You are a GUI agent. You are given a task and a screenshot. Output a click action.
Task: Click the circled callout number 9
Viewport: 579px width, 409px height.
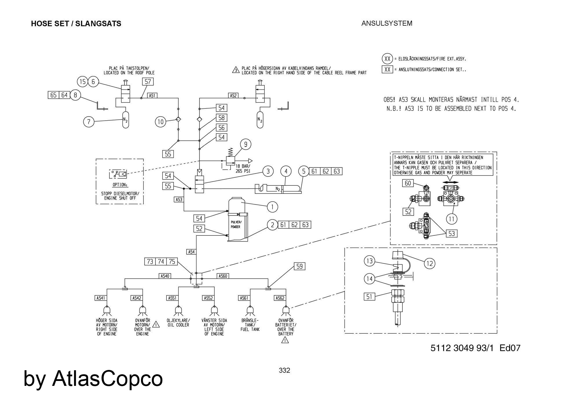coord(246,144)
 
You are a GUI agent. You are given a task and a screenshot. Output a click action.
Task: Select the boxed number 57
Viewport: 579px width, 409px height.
coord(148,82)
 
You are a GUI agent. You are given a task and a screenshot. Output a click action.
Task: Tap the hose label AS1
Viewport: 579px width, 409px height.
coord(152,95)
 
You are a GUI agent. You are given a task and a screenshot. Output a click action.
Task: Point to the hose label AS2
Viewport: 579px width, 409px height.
coord(233,95)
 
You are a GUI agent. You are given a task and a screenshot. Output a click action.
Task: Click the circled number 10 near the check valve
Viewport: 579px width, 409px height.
coord(160,122)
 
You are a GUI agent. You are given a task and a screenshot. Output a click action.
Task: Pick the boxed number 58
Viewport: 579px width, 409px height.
coord(221,118)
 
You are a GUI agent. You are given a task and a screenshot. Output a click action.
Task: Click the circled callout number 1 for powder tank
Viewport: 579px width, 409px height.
coord(272,207)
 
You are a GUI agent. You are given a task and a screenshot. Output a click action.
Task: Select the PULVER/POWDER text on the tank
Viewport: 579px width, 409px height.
coord(236,224)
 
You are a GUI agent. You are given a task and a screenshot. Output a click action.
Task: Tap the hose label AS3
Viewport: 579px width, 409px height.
coord(179,199)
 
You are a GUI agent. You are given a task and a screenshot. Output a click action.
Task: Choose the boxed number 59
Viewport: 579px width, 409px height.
coord(299,266)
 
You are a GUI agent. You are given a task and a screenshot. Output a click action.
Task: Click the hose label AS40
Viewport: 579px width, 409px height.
coord(165,276)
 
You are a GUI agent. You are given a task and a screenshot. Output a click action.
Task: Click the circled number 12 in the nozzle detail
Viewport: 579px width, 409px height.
coord(430,263)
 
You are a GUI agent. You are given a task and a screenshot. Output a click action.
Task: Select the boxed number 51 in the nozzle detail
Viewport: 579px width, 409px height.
coord(369,296)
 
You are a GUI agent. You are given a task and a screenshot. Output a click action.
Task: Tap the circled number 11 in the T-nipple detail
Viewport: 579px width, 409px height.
coord(452,219)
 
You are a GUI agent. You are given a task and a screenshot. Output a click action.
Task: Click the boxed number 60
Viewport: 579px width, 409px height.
coord(408,183)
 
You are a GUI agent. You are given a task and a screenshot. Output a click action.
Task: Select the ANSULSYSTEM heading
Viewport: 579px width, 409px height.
coord(387,23)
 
